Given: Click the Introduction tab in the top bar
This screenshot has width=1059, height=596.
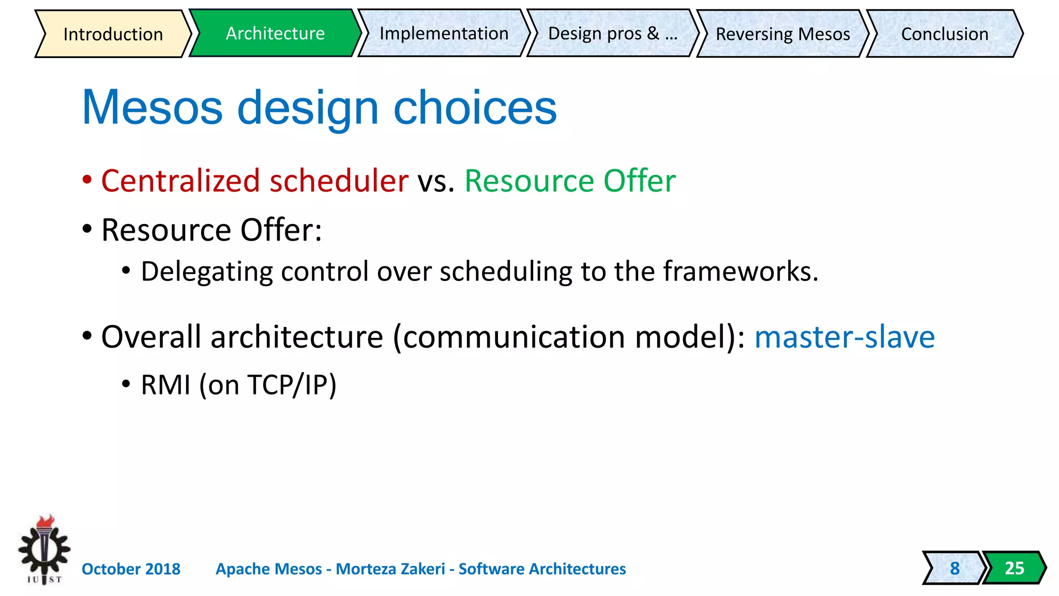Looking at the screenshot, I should pos(113,34).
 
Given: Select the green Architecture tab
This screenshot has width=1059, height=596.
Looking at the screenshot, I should pos(275,34).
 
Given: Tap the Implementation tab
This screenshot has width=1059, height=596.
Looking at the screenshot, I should pos(444,34).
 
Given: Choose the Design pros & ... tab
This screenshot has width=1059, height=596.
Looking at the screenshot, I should pos(612,34).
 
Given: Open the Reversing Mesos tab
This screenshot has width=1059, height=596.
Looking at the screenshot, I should pos(782,34).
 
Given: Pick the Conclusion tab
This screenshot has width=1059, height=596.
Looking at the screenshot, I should pos(944,34).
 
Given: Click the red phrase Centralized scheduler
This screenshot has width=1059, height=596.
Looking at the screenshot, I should pos(254,181).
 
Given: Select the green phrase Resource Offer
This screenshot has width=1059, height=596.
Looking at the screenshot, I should pos(570,181).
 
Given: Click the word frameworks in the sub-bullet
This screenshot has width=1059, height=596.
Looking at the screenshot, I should pos(739,272).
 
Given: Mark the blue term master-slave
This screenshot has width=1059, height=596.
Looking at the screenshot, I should pos(844,337).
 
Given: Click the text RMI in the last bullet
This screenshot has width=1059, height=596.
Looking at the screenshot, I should pos(165,385).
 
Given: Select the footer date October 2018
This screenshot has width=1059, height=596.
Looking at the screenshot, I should pos(131,569).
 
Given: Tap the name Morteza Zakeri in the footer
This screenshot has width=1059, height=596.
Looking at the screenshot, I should pos(390,569).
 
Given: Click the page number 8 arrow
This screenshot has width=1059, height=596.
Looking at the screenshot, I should pos(954,568).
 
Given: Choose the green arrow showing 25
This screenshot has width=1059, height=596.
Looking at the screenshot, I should pos(1013,568).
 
